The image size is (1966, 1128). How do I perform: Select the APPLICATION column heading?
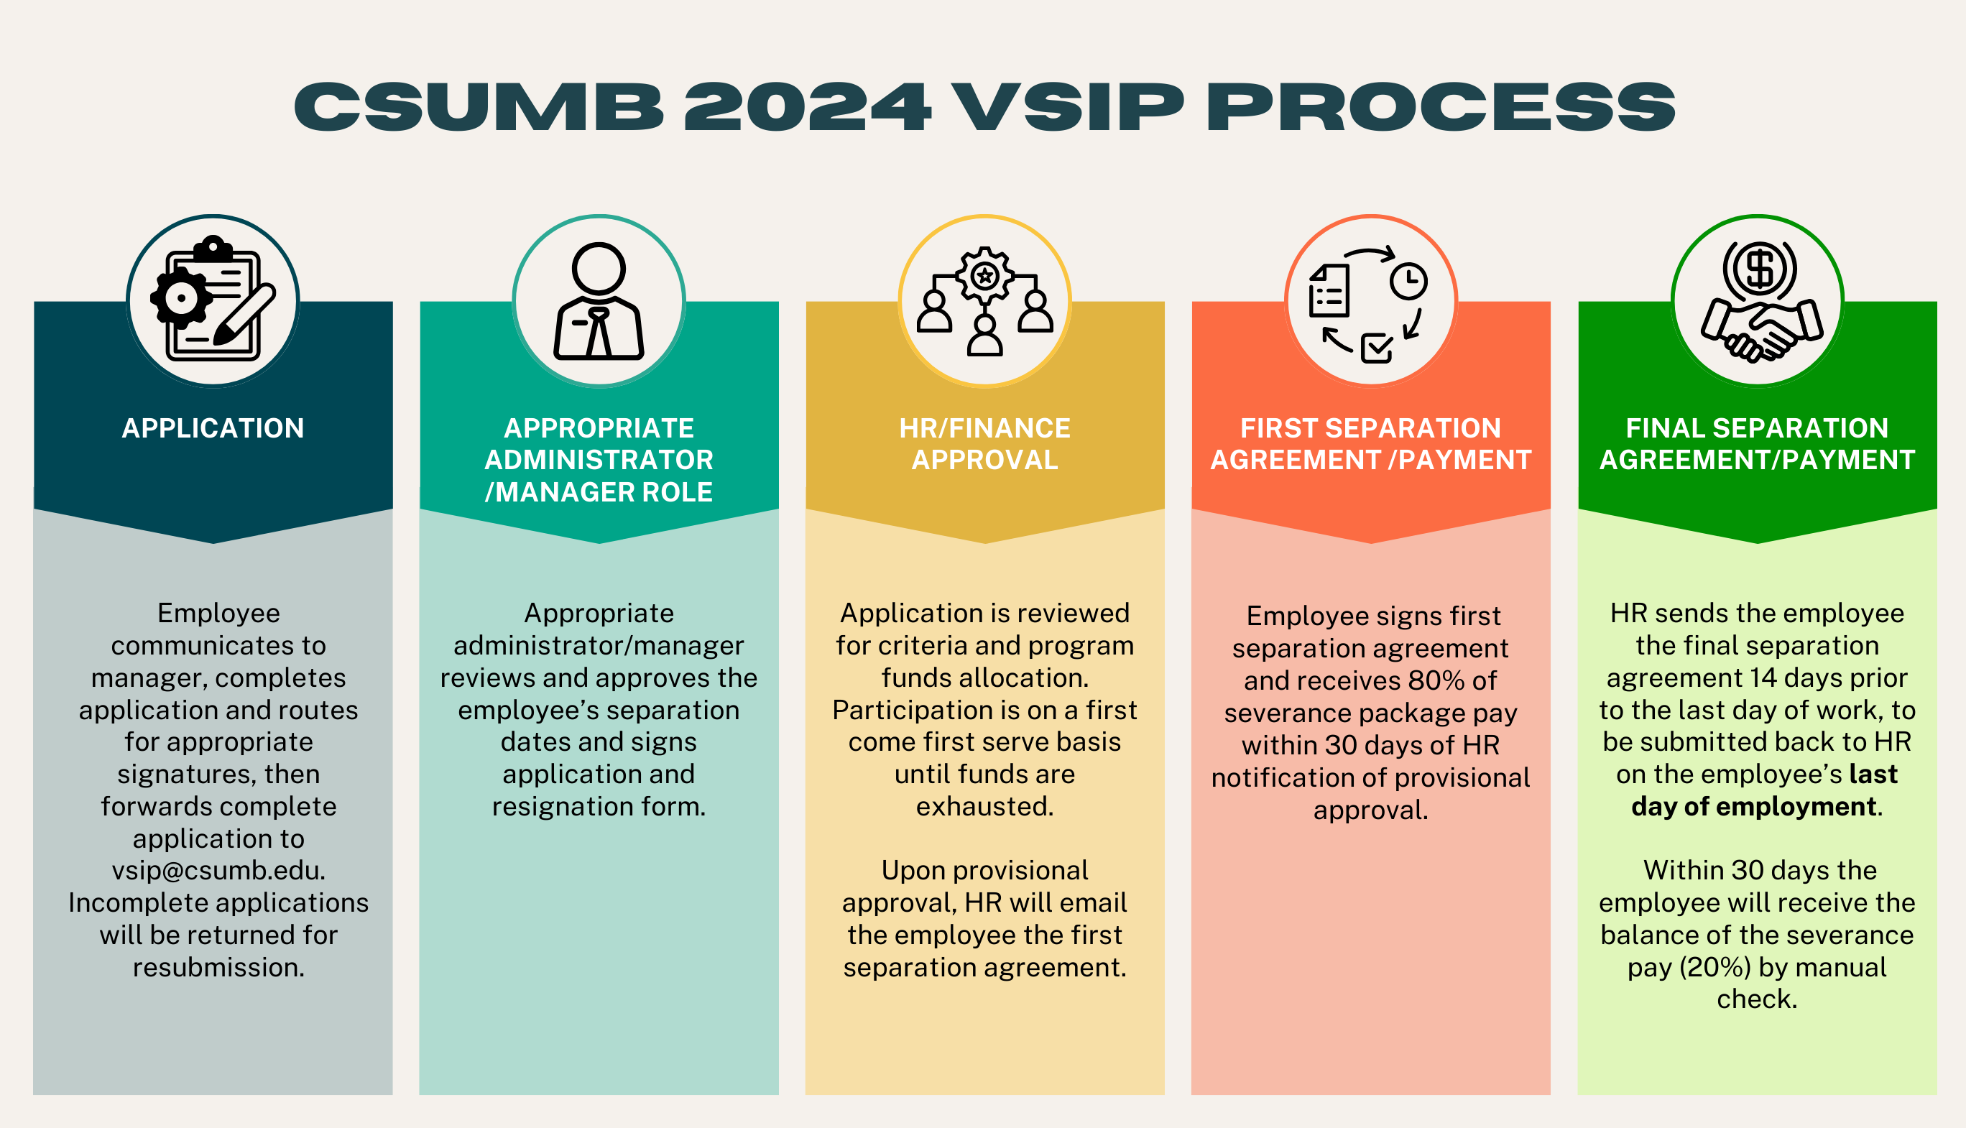pos(213,428)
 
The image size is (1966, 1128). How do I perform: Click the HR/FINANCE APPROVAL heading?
pos(984,444)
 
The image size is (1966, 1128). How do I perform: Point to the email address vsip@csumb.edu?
pos(218,871)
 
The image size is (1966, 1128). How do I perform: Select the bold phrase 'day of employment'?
pos(1754,807)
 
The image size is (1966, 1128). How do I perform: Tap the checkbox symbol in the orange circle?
pos(1377,348)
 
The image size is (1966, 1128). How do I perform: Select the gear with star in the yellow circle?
pos(984,275)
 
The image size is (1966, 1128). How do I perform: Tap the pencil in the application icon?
pos(245,315)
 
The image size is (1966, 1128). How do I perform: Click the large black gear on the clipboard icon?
pos(181,297)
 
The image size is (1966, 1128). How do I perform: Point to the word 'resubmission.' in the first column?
pos(218,968)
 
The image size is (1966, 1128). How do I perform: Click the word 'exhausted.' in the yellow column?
pos(984,807)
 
